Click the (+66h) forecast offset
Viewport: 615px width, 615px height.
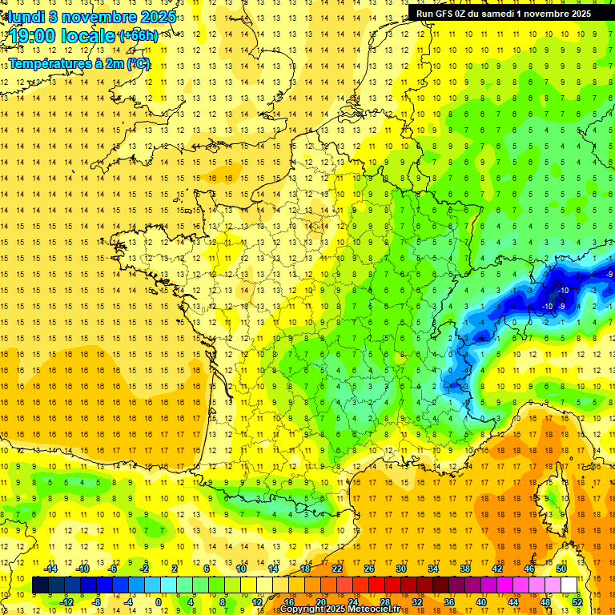coord(138,36)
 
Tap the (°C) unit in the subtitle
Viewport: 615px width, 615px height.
coord(137,63)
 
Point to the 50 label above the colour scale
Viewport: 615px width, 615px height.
coord(561,569)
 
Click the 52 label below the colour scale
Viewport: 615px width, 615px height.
coord(577,602)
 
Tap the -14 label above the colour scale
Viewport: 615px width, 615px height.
coord(50,569)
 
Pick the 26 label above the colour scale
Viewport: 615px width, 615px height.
coord(369,569)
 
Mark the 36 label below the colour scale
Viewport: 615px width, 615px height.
coord(448,602)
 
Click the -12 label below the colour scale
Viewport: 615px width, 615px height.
coord(66,602)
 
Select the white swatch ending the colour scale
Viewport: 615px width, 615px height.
coord(569,585)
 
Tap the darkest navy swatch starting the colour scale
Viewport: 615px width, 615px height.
coord(40,585)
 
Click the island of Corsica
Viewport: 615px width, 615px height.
coord(553,488)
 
